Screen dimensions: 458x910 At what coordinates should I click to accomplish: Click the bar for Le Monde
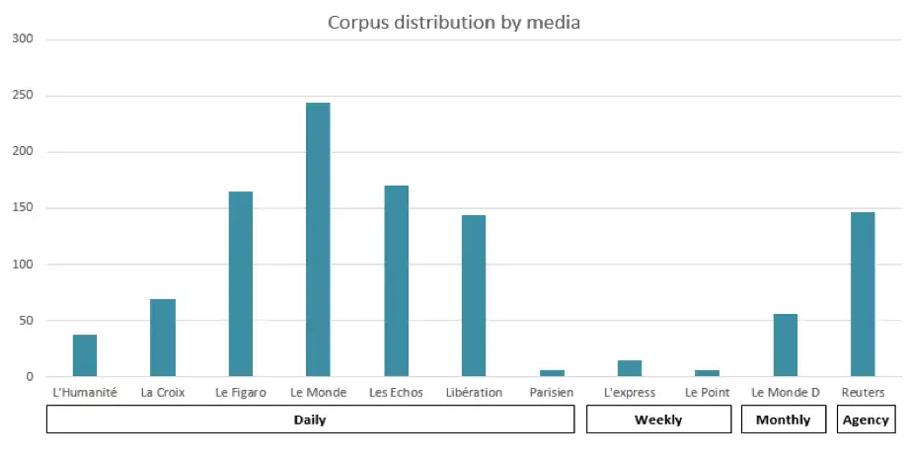(318, 240)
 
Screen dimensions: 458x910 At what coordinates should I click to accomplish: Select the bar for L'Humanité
(85, 356)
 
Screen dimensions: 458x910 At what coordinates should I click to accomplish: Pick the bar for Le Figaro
(241, 284)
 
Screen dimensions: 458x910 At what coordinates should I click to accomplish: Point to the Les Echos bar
(396, 281)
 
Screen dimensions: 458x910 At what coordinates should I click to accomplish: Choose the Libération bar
(474, 296)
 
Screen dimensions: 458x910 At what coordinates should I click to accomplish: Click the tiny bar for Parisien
(552, 373)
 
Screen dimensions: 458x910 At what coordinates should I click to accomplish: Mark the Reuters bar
(863, 294)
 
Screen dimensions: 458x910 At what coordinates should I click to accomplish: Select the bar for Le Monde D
(786, 345)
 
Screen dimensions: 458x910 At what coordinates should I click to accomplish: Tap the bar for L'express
(630, 368)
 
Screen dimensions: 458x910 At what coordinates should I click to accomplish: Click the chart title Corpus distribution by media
(454, 22)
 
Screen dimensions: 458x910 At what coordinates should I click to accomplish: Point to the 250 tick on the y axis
(23, 96)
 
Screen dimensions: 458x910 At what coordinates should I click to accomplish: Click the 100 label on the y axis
(23, 265)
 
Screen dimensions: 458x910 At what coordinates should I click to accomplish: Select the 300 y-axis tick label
(23, 39)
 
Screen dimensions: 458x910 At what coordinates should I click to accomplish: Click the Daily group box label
(310, 420)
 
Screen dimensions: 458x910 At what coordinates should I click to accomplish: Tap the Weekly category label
(658, 420)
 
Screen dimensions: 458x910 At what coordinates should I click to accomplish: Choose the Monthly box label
(784, 420)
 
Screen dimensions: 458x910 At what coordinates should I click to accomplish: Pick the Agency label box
(866, 420)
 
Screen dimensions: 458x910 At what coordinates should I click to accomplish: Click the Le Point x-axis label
(707, 393)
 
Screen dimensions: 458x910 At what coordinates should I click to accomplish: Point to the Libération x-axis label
(474, 393)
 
